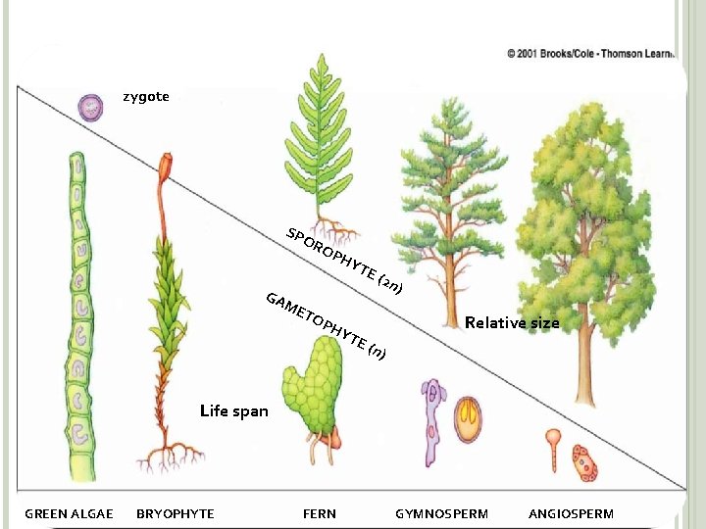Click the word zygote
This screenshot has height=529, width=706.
[145, 96]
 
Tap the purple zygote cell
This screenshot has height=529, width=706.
[90, 107]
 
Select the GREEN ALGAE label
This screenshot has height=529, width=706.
[69, 513]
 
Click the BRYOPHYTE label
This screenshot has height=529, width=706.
[175, 513]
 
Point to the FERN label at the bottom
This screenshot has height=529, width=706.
[320, 513]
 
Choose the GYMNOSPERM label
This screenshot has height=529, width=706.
[441, 513]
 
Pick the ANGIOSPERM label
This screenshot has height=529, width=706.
[571, 513]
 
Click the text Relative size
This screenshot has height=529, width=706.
[512, 322]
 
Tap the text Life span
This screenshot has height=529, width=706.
[233, 410]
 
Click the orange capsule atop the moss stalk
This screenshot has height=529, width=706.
[167, 164]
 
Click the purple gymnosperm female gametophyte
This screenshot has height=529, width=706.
[432, 421]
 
